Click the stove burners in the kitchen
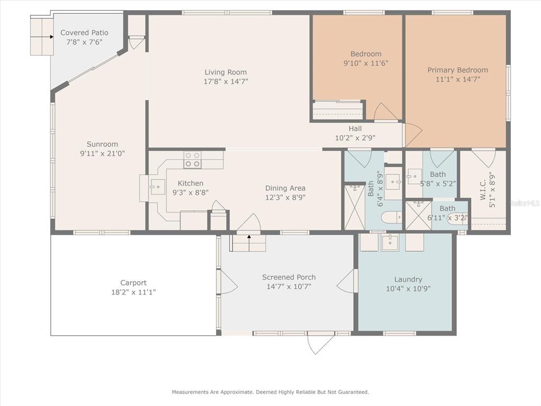pos(192,160)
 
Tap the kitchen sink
pos(157,187)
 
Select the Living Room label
pos(226,72)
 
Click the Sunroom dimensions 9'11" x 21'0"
pos(102,153)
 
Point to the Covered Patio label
pos(84,33)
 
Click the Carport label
pos(134,283)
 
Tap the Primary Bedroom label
pos(458,70)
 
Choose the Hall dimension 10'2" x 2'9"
pos(356,138)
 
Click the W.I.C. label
pos(483,190)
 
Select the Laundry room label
pos(408,279)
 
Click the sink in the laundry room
pos(390,242)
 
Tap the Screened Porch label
pos(289,277)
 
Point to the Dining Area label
pos(285,188)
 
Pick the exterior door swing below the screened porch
pos(321,344)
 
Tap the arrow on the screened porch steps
pos(249,243)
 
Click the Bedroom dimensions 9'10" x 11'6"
pos(366,63)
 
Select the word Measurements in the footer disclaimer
pos(190,392)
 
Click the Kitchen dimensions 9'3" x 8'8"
pos(190,192)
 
